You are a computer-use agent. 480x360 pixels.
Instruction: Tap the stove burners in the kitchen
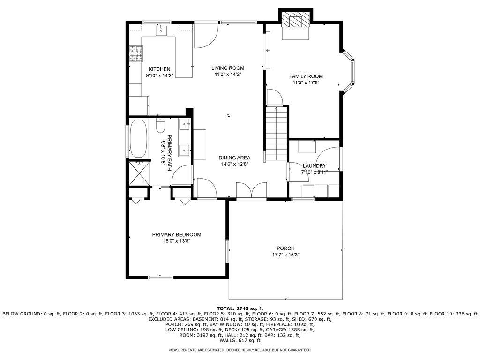click(x=136, y=53)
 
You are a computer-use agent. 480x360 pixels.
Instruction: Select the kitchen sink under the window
click(x=162, y=31)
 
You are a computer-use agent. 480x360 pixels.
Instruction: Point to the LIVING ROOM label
click(x=228, y=68)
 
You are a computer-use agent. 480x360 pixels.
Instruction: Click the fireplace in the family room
click(x=296, y=21)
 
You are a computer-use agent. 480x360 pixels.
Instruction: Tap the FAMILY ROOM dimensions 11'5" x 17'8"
click(x=306, y=82)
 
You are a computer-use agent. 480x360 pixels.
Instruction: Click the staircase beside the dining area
click(x=277, y=134)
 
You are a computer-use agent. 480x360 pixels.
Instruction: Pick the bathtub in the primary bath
click(x=138, y=139)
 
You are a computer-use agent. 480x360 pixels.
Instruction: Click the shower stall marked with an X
click(x=139, y=173)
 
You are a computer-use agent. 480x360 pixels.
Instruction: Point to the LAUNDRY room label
click(x=315, y=166)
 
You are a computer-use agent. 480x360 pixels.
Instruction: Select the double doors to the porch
click(x=252, y=191)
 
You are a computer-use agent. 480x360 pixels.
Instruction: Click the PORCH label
click(x=285, y=248)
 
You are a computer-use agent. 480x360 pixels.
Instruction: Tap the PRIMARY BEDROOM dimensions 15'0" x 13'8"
click(x=177, y=241)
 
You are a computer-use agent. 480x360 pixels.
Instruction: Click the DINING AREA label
click(x=234, y=158)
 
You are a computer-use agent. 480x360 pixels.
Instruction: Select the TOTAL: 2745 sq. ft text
click(x=240, y=308)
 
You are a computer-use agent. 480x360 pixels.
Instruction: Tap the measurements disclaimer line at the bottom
click(x=240, y=350)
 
